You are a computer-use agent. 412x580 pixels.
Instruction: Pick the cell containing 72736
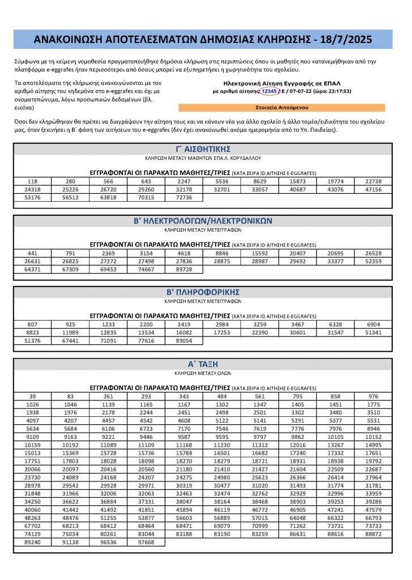click(184, 197)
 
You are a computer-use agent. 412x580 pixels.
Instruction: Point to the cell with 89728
click(184, 268)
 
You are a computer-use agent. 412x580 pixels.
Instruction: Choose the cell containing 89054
click(184, 340)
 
